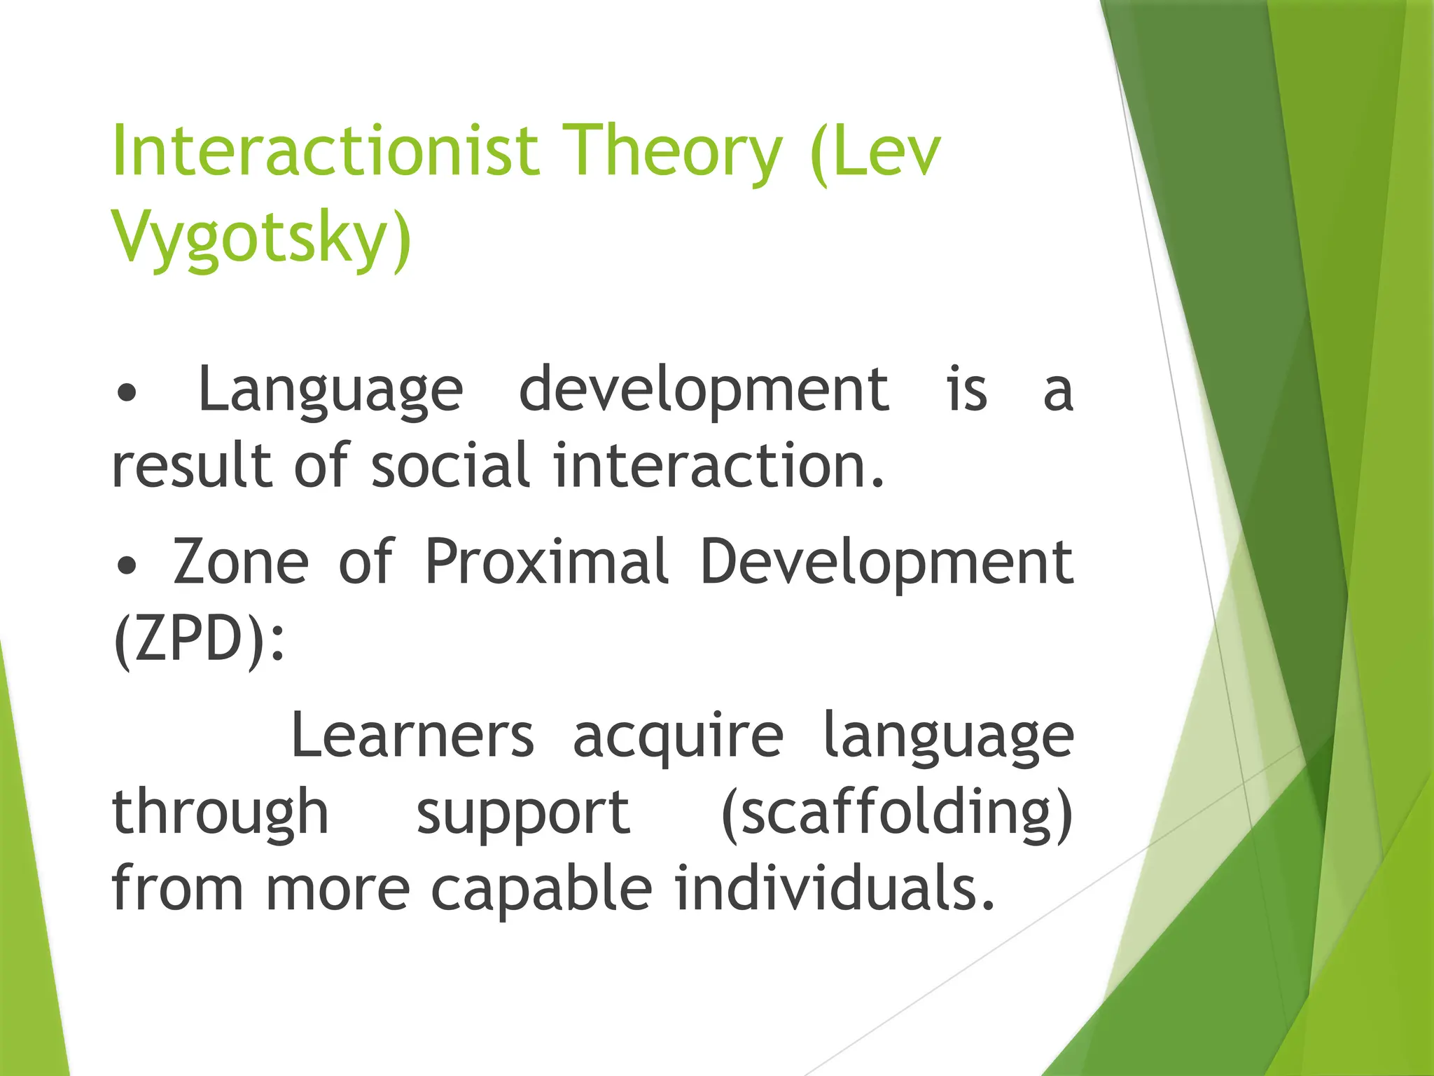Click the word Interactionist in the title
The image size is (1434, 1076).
(x=326, y=151)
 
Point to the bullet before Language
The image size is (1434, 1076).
(x=127, y=394)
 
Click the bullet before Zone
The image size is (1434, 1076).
(x=127, y=566)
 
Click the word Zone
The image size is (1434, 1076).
(x=240, y=562)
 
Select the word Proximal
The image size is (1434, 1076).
(x=546, y=562)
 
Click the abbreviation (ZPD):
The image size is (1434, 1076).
(x=199, y=639)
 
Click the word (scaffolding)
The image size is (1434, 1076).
(x=897, y=813)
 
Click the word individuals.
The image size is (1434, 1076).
(x=834, y=888)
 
